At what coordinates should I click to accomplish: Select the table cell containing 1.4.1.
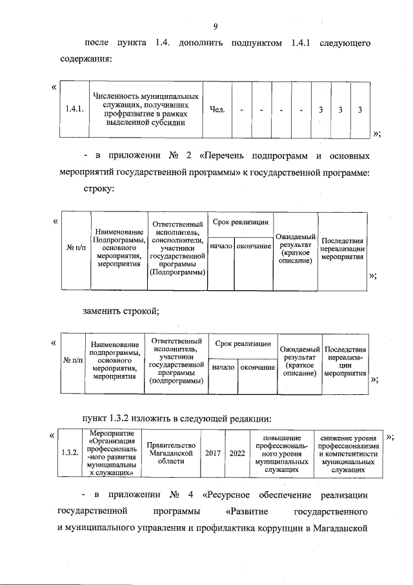(x=74, y=109)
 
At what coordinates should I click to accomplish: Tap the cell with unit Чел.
(x=217, y=109)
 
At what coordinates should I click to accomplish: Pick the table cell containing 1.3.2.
(x=69, y=452)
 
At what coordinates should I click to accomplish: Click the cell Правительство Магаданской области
(x=170, y=452)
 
